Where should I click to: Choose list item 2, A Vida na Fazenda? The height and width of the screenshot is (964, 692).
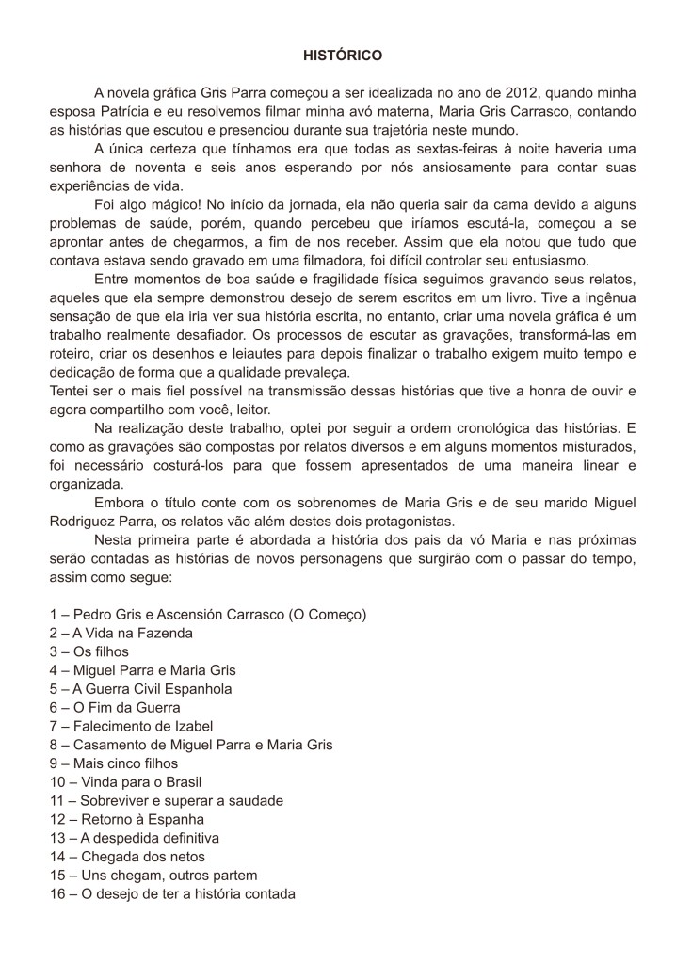[x=121, y=633]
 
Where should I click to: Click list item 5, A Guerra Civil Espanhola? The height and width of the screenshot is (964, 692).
[x=141, y=688]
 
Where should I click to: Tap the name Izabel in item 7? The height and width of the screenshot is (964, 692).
[x=191, y=726]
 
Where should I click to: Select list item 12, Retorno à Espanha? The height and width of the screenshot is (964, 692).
[x=127, y=819]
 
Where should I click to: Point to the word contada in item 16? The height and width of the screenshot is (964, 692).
[x=269, y=893]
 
